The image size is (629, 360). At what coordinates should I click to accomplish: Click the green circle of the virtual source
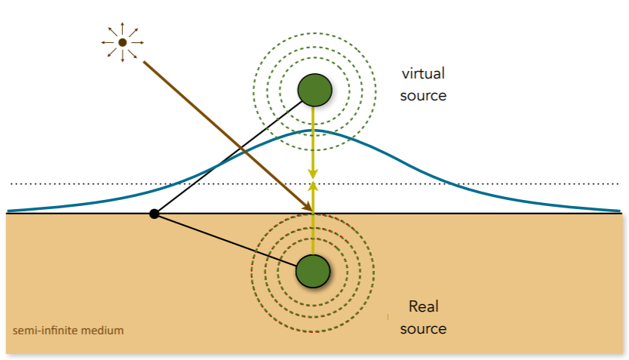coord(314,89)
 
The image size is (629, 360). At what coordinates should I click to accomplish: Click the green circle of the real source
coord(313,270)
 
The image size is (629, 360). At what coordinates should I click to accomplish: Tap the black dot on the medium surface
coord(154,214)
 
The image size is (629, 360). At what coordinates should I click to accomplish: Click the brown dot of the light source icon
coord(122,43)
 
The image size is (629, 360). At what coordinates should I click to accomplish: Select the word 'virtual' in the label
coord(422,74)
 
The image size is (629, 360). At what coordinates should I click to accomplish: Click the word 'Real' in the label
coord(423,306)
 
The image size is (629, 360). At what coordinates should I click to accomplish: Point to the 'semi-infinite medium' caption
coord(69,331)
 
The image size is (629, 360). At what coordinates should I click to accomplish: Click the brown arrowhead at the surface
coord(308,205)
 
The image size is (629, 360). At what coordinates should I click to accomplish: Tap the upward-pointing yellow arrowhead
coord(313,187)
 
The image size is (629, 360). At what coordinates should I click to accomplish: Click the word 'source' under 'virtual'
coord(423,96)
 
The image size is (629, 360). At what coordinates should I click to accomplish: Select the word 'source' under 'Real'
coord(423,328)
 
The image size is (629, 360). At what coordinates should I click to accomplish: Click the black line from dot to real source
coord(226,239)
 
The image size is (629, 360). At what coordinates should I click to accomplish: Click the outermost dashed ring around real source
coord(254,270)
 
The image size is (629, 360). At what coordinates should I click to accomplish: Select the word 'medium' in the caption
coord(106,331)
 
